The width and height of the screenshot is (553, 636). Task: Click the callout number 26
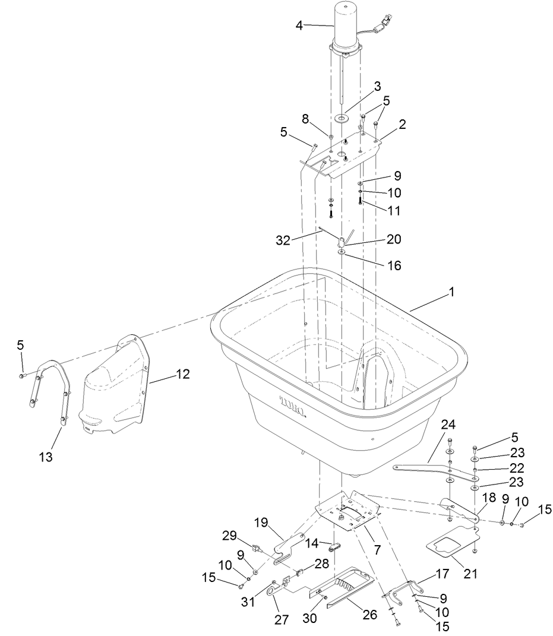click(x=369, y=615)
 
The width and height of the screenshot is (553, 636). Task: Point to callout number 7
click(x=377, y=550)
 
